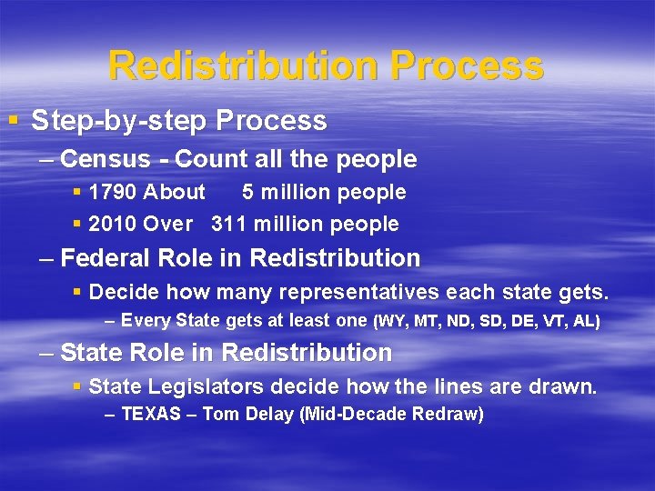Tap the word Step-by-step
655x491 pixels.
[x=100, y=120]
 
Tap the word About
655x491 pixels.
[x=175, y=192]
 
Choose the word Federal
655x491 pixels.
[x=103, y=258]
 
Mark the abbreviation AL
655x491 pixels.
[x=586, y=321]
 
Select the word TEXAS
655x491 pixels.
[x=151, y=415]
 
